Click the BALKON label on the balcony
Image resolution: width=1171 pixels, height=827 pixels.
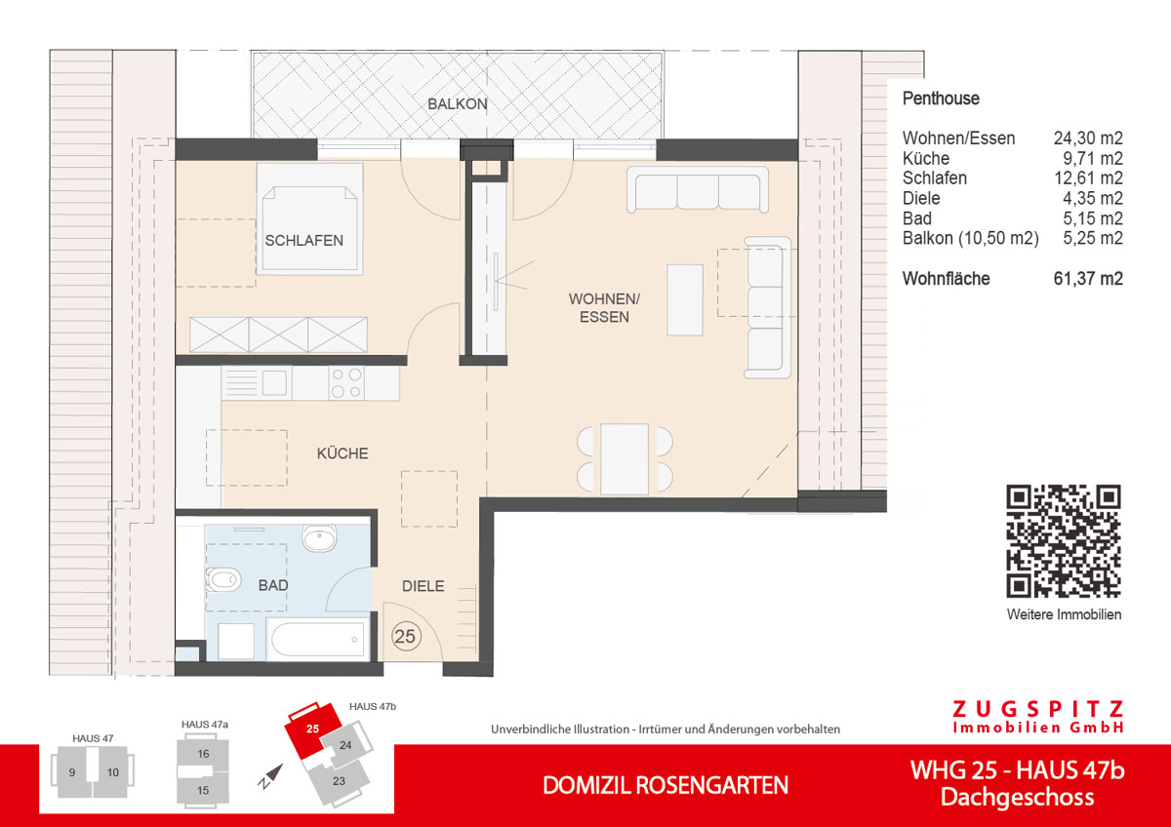click(x=456, y=104)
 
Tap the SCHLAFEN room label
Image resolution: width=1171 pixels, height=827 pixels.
click(x=303, y=240)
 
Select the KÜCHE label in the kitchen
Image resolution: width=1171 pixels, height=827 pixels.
click(x=342, y=453)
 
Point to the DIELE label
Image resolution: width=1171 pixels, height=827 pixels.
click(x=424, y=586)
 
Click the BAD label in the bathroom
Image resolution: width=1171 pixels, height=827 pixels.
click(x=273, y=586)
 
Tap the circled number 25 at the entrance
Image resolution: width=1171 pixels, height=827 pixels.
click(x=405, y=637)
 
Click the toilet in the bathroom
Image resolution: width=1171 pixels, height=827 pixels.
click(x=223, y=580)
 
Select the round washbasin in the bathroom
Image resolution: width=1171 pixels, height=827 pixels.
click(x=319, y=538)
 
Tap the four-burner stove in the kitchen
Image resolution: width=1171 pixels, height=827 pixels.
click(x=345, y=382)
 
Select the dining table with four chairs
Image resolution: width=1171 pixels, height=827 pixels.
click(x=625, y=458)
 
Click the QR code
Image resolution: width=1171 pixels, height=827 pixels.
click(x=1064, y=541)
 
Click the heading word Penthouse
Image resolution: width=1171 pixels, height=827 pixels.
click(x=941, y=98)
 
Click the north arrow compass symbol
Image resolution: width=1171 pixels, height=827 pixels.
click(x=270, y=773)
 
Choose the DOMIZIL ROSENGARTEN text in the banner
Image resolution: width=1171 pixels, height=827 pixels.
click(x=665, y=785)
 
